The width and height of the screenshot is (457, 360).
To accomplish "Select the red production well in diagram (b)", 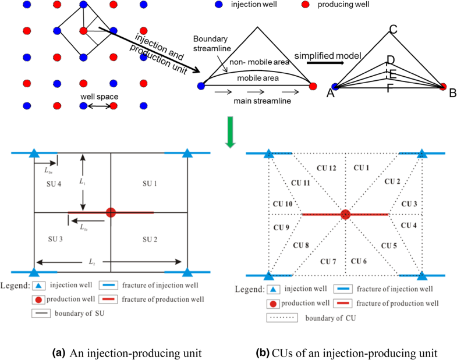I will pos(346,215).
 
